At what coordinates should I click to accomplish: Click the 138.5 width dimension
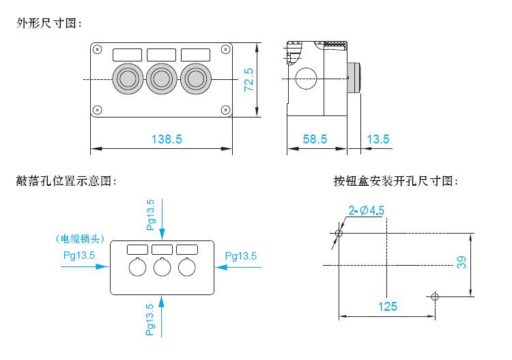point(166,139)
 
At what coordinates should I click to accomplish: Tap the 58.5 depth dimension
point(315,139)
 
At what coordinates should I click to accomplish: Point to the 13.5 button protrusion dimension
point(378,139)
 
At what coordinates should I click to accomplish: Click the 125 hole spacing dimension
point(388,306)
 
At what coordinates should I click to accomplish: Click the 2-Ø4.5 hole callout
point(366,210)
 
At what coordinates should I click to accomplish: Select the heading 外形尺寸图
point(49,23)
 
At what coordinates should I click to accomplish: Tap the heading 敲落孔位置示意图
point(66,181)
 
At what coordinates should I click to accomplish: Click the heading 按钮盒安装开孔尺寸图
point(396,181)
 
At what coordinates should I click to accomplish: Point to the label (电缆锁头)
point(81,239)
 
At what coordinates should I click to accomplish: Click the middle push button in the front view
point(161,79)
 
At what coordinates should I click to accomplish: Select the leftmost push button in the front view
point(128,79)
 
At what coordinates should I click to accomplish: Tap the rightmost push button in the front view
point(195,79)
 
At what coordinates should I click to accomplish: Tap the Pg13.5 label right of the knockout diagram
point(240,256)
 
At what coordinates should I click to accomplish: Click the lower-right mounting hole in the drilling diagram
point(436,296)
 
